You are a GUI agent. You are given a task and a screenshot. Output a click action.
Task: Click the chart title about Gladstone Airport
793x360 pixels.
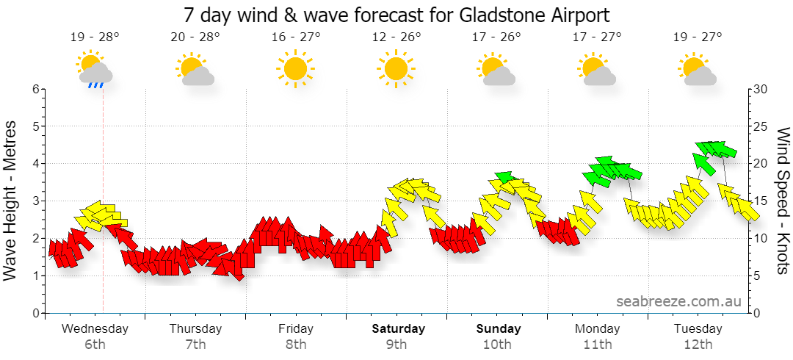click(x=396, y=15)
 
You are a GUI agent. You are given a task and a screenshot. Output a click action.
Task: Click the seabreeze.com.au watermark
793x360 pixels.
click(x=678, y=301)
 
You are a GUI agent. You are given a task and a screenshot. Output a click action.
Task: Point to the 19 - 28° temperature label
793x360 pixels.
click(x=95, y=37)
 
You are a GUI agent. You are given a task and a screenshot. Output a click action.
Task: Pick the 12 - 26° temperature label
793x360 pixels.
click(x=396, y=37)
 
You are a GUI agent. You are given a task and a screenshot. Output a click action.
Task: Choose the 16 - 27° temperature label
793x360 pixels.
click(x=296, y=37)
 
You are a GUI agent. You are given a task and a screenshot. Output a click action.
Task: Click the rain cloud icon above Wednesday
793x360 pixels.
click(x=95, y=69)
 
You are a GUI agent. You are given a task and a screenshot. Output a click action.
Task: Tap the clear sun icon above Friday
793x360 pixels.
click(x=296, y=68)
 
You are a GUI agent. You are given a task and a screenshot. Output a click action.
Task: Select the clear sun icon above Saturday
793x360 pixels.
click(x=396, y=68)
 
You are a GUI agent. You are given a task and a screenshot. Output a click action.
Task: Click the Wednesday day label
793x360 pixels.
click(x=95, y=328)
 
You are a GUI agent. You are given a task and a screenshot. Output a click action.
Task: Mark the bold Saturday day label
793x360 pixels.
click(x=399, y=328)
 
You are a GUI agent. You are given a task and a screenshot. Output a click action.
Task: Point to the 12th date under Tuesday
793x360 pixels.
click(x=698, y=345)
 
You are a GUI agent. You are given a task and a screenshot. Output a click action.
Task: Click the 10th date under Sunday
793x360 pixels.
click(x=497, y=345)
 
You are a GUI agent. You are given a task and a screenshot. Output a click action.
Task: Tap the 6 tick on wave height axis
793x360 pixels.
click(x=36, y=89)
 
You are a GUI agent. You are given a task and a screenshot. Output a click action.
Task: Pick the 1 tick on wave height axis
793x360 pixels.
click(x=36, y=276)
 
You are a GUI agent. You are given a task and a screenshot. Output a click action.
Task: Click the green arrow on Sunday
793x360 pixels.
click(x=507, y=177)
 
